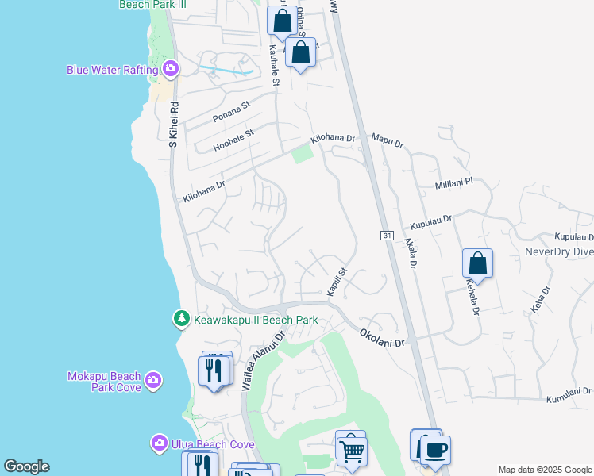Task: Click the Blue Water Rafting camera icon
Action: (x=170, y=71)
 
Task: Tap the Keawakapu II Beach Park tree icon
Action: (x=182, y=320)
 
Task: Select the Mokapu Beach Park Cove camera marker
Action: (x=153, y=382)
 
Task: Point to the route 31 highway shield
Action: (x=386, y=236)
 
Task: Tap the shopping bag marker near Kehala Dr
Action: (x=477, y=263)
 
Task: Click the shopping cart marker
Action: (x=351, y=451)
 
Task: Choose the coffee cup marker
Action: (x=434, y=451)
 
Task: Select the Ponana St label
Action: (x=231, y=113)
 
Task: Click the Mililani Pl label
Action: (x=453, y=182)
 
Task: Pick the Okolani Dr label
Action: (x=382, y=338)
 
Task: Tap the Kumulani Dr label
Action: (x=569, y=391)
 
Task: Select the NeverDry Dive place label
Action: (x=559, y=252)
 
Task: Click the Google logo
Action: (x=26, y=466)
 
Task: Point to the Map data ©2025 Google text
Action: (x=544, y=470)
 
